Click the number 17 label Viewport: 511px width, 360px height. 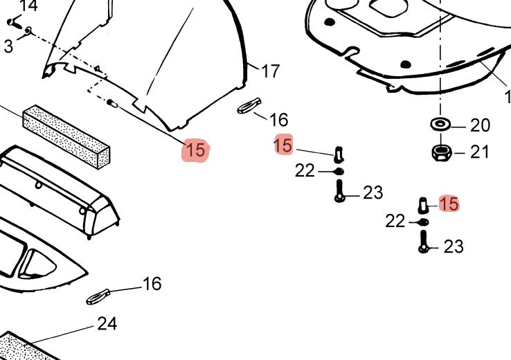[270, 71]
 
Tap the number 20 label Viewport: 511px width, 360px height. [480, 125]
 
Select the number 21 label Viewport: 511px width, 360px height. [480, 152]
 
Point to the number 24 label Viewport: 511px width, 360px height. [107, 323]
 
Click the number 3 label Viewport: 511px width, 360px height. [8, 46]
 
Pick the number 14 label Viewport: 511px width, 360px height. [28, 6]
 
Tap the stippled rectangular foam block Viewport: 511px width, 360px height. [66, 136]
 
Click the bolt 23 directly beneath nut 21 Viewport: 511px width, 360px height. [424, 242]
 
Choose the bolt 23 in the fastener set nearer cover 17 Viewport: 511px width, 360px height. [339, 190]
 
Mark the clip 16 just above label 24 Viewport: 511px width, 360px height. [97, 296]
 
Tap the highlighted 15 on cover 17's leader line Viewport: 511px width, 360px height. [195, 150]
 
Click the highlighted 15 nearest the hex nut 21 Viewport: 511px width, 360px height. [449, 204]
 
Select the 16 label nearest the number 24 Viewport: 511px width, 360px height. [152, 283]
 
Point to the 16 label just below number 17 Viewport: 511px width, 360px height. [278, 120]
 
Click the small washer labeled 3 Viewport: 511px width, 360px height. [28, 30]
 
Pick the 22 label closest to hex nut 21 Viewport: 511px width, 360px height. [395, 221]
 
